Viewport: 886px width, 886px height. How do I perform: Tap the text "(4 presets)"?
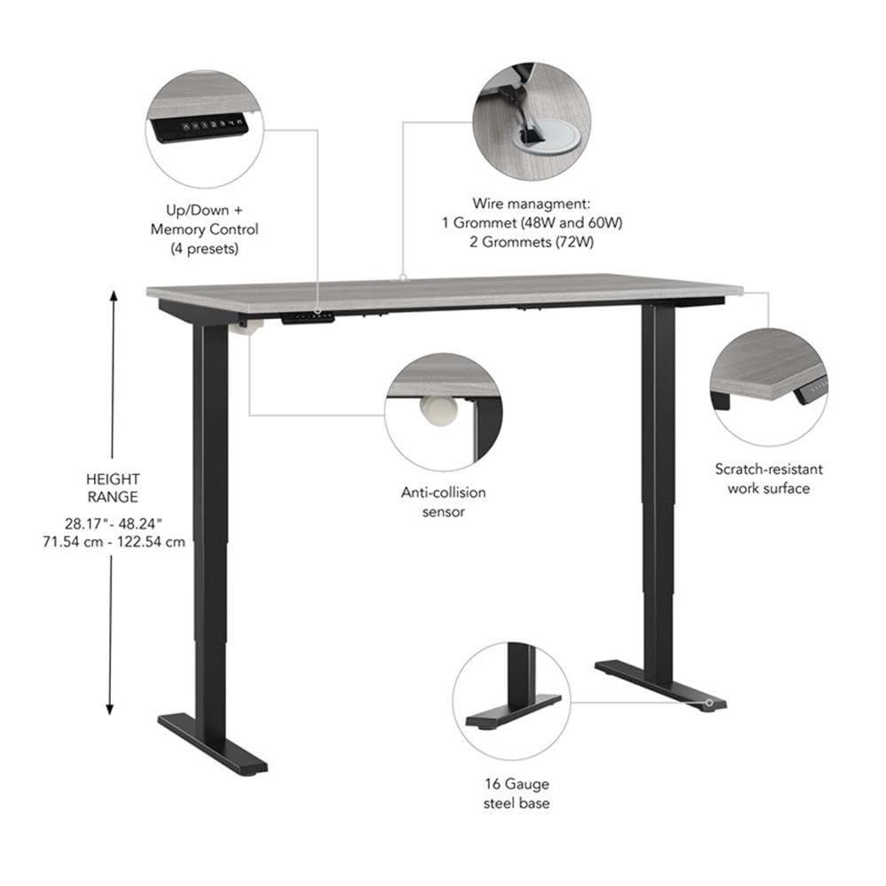(205, 249)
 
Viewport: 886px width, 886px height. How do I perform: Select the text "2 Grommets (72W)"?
(532, 242)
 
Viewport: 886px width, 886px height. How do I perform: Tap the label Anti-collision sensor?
(444, 501)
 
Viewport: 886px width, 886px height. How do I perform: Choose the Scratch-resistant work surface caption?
(769, 478)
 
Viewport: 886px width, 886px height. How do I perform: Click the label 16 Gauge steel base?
(517, 794)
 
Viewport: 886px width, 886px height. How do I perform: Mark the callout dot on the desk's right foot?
(709, 703)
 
